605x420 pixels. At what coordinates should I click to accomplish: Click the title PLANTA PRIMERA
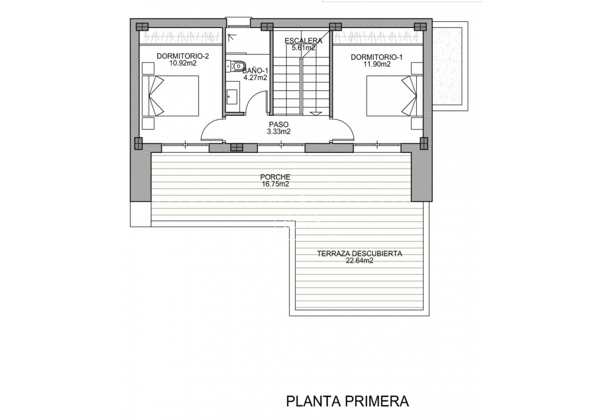[x=347, y=401]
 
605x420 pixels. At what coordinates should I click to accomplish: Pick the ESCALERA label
[x=303, y=41]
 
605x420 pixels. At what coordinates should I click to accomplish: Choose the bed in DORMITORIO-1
[x=392, y=96]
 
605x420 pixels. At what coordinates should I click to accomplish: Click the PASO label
[x=278, y=124]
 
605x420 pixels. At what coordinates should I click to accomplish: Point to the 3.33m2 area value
[x=278, y=132]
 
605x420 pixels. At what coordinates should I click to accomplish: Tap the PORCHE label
[x=275, y=176]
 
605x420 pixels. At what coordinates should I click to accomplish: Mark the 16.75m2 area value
[x=275, y=184]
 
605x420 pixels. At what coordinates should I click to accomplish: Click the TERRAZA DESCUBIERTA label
[x=360, y=253]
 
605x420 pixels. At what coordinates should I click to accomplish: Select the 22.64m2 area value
[x=360, y=260]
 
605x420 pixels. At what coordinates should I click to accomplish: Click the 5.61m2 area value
[x=303, y=48]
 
